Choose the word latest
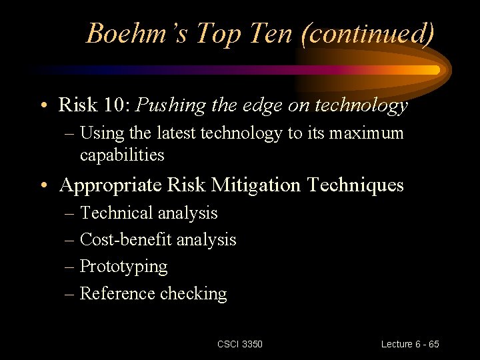[177, 133]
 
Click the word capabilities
[122, 155]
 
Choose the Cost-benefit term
[120, 239]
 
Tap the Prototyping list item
[123, 267]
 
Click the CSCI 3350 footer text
[240, 344]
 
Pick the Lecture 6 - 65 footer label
[410, 344]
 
